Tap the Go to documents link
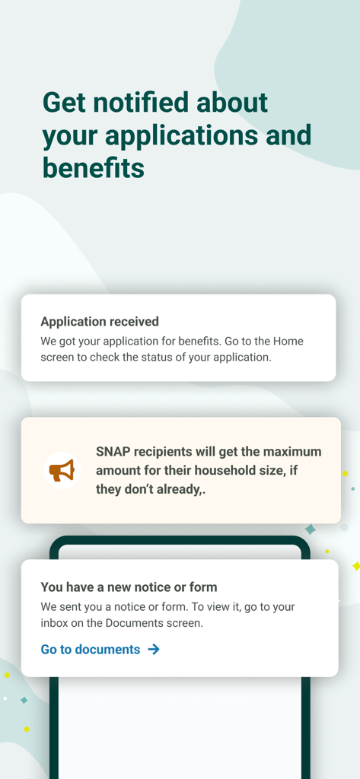coord(91,649)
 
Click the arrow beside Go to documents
coord(154,649)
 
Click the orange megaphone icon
coord(62,471)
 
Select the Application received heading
coord(100,322)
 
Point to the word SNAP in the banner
coord(112,452)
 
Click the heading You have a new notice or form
coord(129,587)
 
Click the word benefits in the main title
coord(93,167)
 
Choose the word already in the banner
coord(180,489)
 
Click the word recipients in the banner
coord(166,452)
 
